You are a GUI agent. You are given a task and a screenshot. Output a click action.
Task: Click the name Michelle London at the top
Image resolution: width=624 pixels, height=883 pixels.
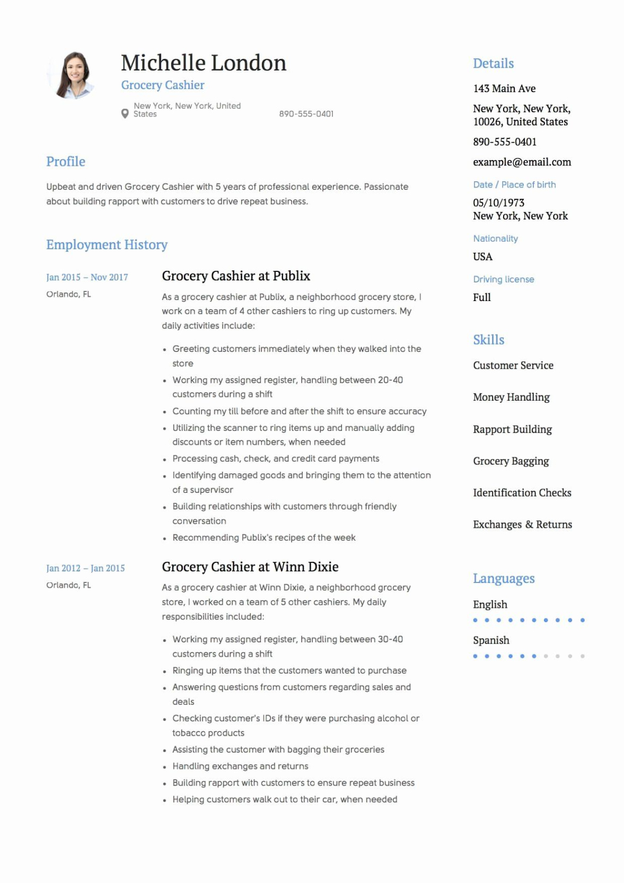[204, 63]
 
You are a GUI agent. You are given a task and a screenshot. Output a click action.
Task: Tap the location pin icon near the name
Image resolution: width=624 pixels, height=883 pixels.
[125, 113]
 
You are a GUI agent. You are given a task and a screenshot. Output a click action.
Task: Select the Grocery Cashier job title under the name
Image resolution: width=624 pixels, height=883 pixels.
[163, 85]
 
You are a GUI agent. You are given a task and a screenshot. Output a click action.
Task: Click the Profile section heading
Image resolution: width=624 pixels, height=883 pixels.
[66, 162]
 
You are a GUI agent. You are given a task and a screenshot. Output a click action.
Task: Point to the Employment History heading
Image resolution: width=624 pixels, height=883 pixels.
[107, 245]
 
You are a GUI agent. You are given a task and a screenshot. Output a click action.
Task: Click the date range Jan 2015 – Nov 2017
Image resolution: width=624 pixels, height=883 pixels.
[87, 277]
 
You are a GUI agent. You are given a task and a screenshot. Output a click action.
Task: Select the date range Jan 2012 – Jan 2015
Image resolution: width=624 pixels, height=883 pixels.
[85, 568]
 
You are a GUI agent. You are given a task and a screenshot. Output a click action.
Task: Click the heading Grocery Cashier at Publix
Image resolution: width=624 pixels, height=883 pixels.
[236, 276]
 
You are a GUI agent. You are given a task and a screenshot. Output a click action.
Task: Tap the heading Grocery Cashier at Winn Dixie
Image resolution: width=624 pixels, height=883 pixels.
[250, 567]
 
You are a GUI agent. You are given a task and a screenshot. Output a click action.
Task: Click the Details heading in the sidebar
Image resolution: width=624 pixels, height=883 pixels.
[493, 64]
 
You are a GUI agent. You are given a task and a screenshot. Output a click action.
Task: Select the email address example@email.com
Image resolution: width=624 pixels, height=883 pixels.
[522, 162]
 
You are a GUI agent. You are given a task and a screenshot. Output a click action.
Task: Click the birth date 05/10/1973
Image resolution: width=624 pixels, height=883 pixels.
[498, 203]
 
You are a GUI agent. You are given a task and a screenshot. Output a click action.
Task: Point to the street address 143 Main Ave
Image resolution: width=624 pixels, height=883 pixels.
[504, 89]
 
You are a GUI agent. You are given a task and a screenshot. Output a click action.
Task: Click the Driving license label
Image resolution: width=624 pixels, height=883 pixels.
[503, 279]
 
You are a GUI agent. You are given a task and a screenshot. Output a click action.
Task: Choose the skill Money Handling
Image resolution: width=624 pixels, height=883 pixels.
[511, 397]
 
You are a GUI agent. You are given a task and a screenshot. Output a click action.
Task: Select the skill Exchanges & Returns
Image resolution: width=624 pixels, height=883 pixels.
[522, 525]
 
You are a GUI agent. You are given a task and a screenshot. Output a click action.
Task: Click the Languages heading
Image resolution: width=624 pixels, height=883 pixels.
[504, 579]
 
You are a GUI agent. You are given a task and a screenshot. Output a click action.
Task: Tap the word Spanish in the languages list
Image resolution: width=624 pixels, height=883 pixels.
[491, 640]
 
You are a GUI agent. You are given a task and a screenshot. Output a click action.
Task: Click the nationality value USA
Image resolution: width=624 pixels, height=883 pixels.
[482, 257]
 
